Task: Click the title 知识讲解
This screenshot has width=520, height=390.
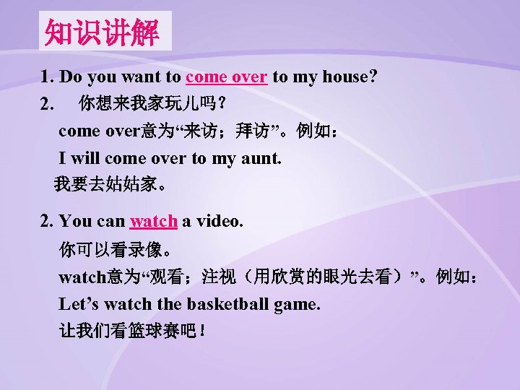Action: (105, 32)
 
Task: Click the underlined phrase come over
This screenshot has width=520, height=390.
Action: (227, 77)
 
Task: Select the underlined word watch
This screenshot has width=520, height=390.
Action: (153, 222)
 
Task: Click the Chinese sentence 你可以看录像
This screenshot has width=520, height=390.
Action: (116, 251)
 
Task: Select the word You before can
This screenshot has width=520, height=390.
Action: (76, 222)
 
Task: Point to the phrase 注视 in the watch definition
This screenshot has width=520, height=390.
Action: (221, 277)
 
